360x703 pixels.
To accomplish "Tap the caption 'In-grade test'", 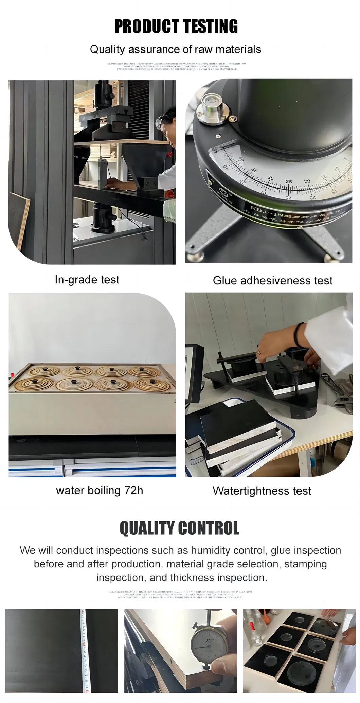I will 87,280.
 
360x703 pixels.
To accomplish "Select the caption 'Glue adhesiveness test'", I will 272,281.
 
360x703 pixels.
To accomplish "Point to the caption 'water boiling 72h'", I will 100,490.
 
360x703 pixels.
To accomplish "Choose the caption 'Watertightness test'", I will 262,491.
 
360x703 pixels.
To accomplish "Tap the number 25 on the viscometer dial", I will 288,182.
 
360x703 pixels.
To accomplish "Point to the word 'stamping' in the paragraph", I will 305,564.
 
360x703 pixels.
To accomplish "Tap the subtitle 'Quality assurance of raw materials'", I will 175,49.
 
